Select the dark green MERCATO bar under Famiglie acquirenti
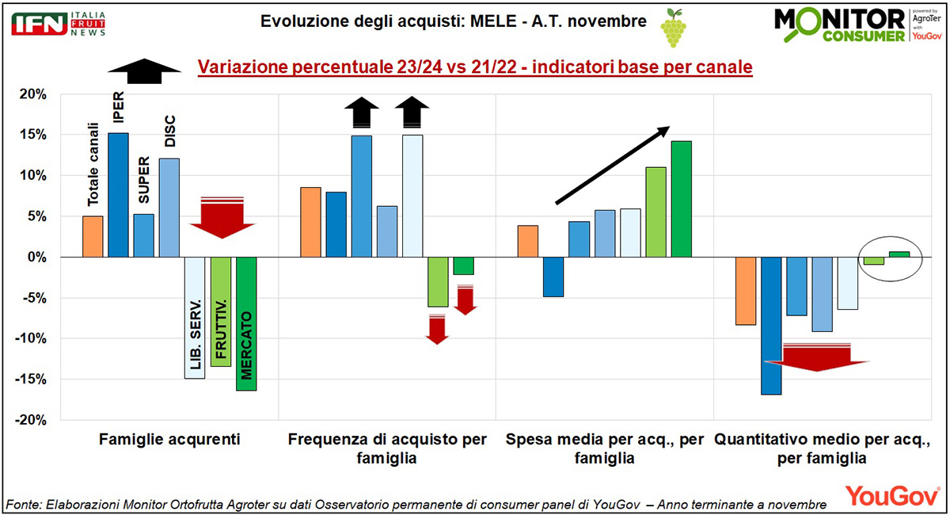[246, 323]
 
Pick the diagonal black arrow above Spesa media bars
[612, 165]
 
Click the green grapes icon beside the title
[673, 27]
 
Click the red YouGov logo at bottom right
[892, 495]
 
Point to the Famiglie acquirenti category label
[169, 439]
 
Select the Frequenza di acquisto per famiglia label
[387, 448]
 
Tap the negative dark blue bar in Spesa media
[553, 277]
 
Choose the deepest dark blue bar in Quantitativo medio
[772, 326]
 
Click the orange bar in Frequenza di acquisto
[310, 222]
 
